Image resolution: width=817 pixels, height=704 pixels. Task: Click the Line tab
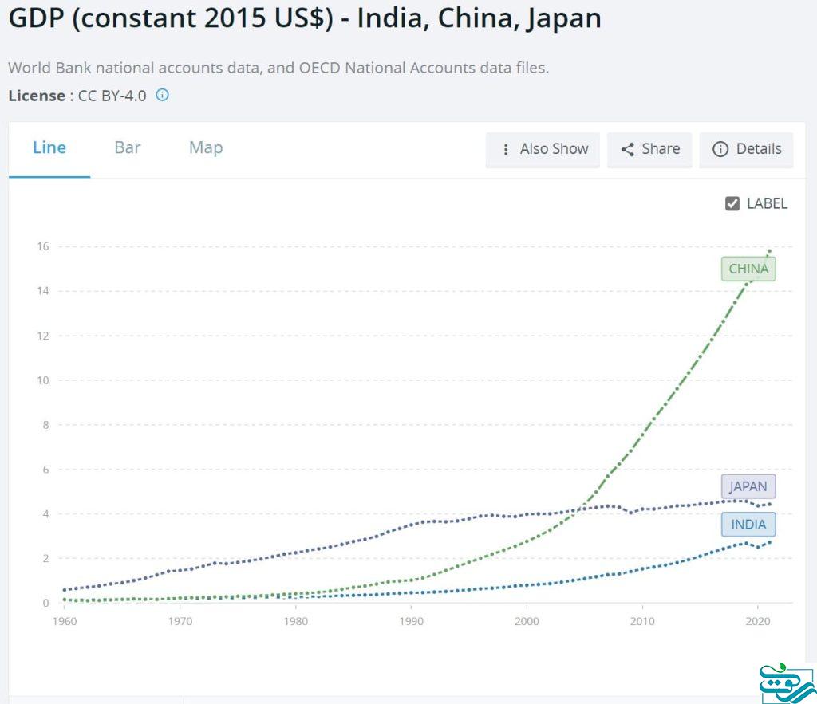click(49, 147)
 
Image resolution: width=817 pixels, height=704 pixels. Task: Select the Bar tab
click(128, 147)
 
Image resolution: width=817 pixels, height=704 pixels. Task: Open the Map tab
click(206, 147)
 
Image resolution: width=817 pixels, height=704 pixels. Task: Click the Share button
click(650, 149)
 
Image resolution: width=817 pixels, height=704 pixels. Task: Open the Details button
click(747, 149)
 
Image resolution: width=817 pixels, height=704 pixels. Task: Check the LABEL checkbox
click(732, 203)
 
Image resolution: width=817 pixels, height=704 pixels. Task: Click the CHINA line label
click(748, 269)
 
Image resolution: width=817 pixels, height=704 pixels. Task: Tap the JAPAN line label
click(748, 486)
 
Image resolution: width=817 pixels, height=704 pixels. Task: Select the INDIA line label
click(748, 525)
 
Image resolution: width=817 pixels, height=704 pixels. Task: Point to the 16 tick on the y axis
click(42, 246)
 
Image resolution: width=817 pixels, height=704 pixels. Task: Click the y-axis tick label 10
click(42, 380)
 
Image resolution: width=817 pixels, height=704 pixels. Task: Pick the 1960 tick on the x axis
click(64, 621)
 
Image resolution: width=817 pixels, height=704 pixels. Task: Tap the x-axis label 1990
click(411, 621)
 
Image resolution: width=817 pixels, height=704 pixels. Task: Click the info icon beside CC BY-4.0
click(162, 96)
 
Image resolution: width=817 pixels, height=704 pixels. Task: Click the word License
click(37, 96)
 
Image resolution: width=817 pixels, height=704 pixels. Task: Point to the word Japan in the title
click(563, 18)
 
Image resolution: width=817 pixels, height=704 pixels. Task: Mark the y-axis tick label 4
click(45, 513)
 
